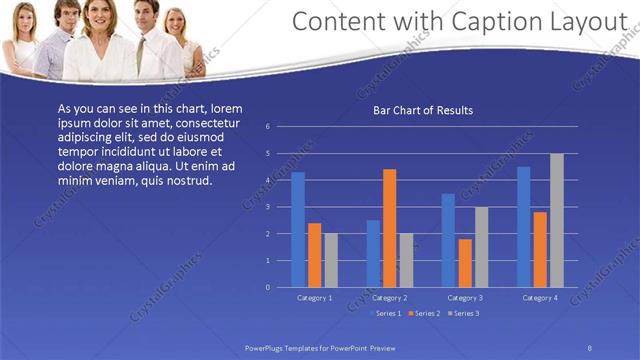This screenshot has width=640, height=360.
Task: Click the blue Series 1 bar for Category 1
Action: click(x=297, y=230)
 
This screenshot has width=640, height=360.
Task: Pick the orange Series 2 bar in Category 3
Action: click(x=465, y=263)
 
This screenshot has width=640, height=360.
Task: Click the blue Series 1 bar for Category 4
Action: click(x=524, y=227)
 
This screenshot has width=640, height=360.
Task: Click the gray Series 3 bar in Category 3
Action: click(x=481, y=247)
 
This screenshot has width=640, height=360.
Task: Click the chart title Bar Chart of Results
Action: click(x=423, y=110)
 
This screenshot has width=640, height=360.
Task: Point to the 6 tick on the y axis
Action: click(x=267, y=127)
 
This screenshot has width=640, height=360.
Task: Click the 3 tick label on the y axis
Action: click(x=267, y=207)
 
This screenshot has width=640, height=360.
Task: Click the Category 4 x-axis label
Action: click(x=540, y=298)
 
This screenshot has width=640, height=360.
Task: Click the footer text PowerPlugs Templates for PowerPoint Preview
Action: click(x=320, y=347)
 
